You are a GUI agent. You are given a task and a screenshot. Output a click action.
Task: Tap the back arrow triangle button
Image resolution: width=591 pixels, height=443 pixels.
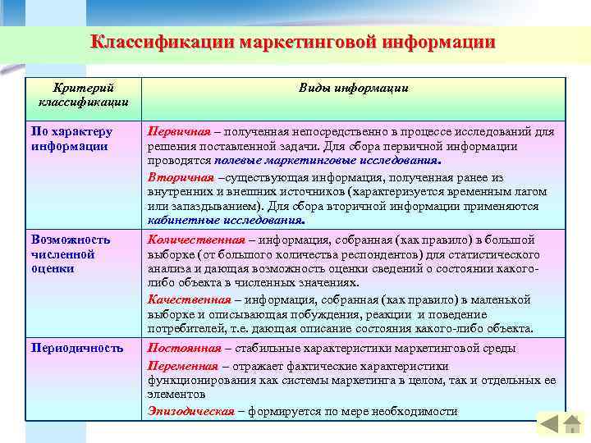tap(547, 423)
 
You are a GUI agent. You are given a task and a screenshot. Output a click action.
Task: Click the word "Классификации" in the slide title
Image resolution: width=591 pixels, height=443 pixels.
tap(161, 42)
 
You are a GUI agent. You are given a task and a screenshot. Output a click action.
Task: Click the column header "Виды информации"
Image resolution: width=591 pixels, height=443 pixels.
tap(352, 88)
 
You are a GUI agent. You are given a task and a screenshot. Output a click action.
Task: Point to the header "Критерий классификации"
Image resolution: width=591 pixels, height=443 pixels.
tap(82, 94)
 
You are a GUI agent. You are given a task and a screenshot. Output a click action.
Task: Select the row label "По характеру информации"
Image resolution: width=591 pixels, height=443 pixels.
tap(71, 138)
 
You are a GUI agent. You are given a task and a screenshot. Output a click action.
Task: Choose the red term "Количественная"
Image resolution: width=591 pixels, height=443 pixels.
tap(196, 240)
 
